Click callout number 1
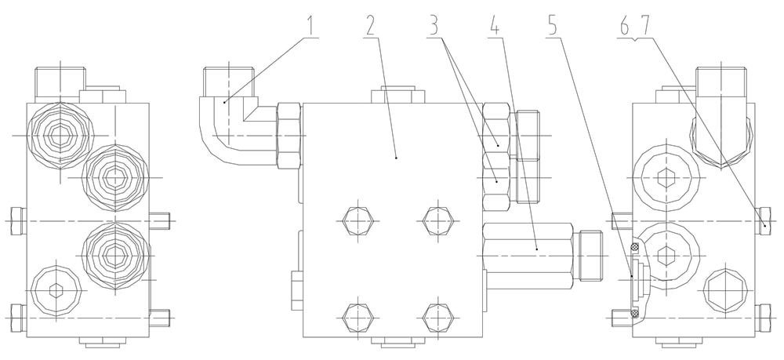(313, 26)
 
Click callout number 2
(370, 26)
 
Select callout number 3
(434, 26)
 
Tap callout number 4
(495, 26)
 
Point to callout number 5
(553, 26)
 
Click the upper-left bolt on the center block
(358, 220)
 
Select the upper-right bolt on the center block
(438, 220)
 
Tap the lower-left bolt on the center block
(358, 318)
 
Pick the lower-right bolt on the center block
(438, 318)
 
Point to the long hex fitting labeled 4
(528, 256)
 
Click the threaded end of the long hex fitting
(589, 256)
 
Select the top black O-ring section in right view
(636, 246)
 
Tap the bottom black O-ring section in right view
(636, 314)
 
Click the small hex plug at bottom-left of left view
(56, 289)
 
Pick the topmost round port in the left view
(60, 134)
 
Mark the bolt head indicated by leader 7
(764, 220)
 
